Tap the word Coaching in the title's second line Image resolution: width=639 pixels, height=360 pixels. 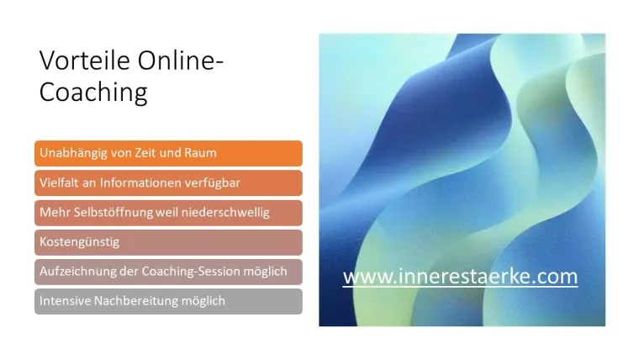point(93,92)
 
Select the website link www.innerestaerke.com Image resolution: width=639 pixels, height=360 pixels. point(460,276)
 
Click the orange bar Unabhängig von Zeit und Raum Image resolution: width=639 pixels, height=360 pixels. point(168,153)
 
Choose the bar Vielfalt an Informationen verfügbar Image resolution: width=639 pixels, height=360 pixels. point(168,183)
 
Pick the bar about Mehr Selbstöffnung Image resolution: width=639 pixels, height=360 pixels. point(168,212)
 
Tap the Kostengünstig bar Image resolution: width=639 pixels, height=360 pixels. point(168,242)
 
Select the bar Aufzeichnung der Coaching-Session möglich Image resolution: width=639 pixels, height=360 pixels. point(168,272)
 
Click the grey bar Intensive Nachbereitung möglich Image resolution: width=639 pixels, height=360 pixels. point(168,301)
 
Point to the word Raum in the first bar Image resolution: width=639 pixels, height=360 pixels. point(201,153)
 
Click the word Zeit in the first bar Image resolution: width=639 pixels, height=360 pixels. point(146,153)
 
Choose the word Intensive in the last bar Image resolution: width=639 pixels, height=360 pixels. point(62,301)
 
